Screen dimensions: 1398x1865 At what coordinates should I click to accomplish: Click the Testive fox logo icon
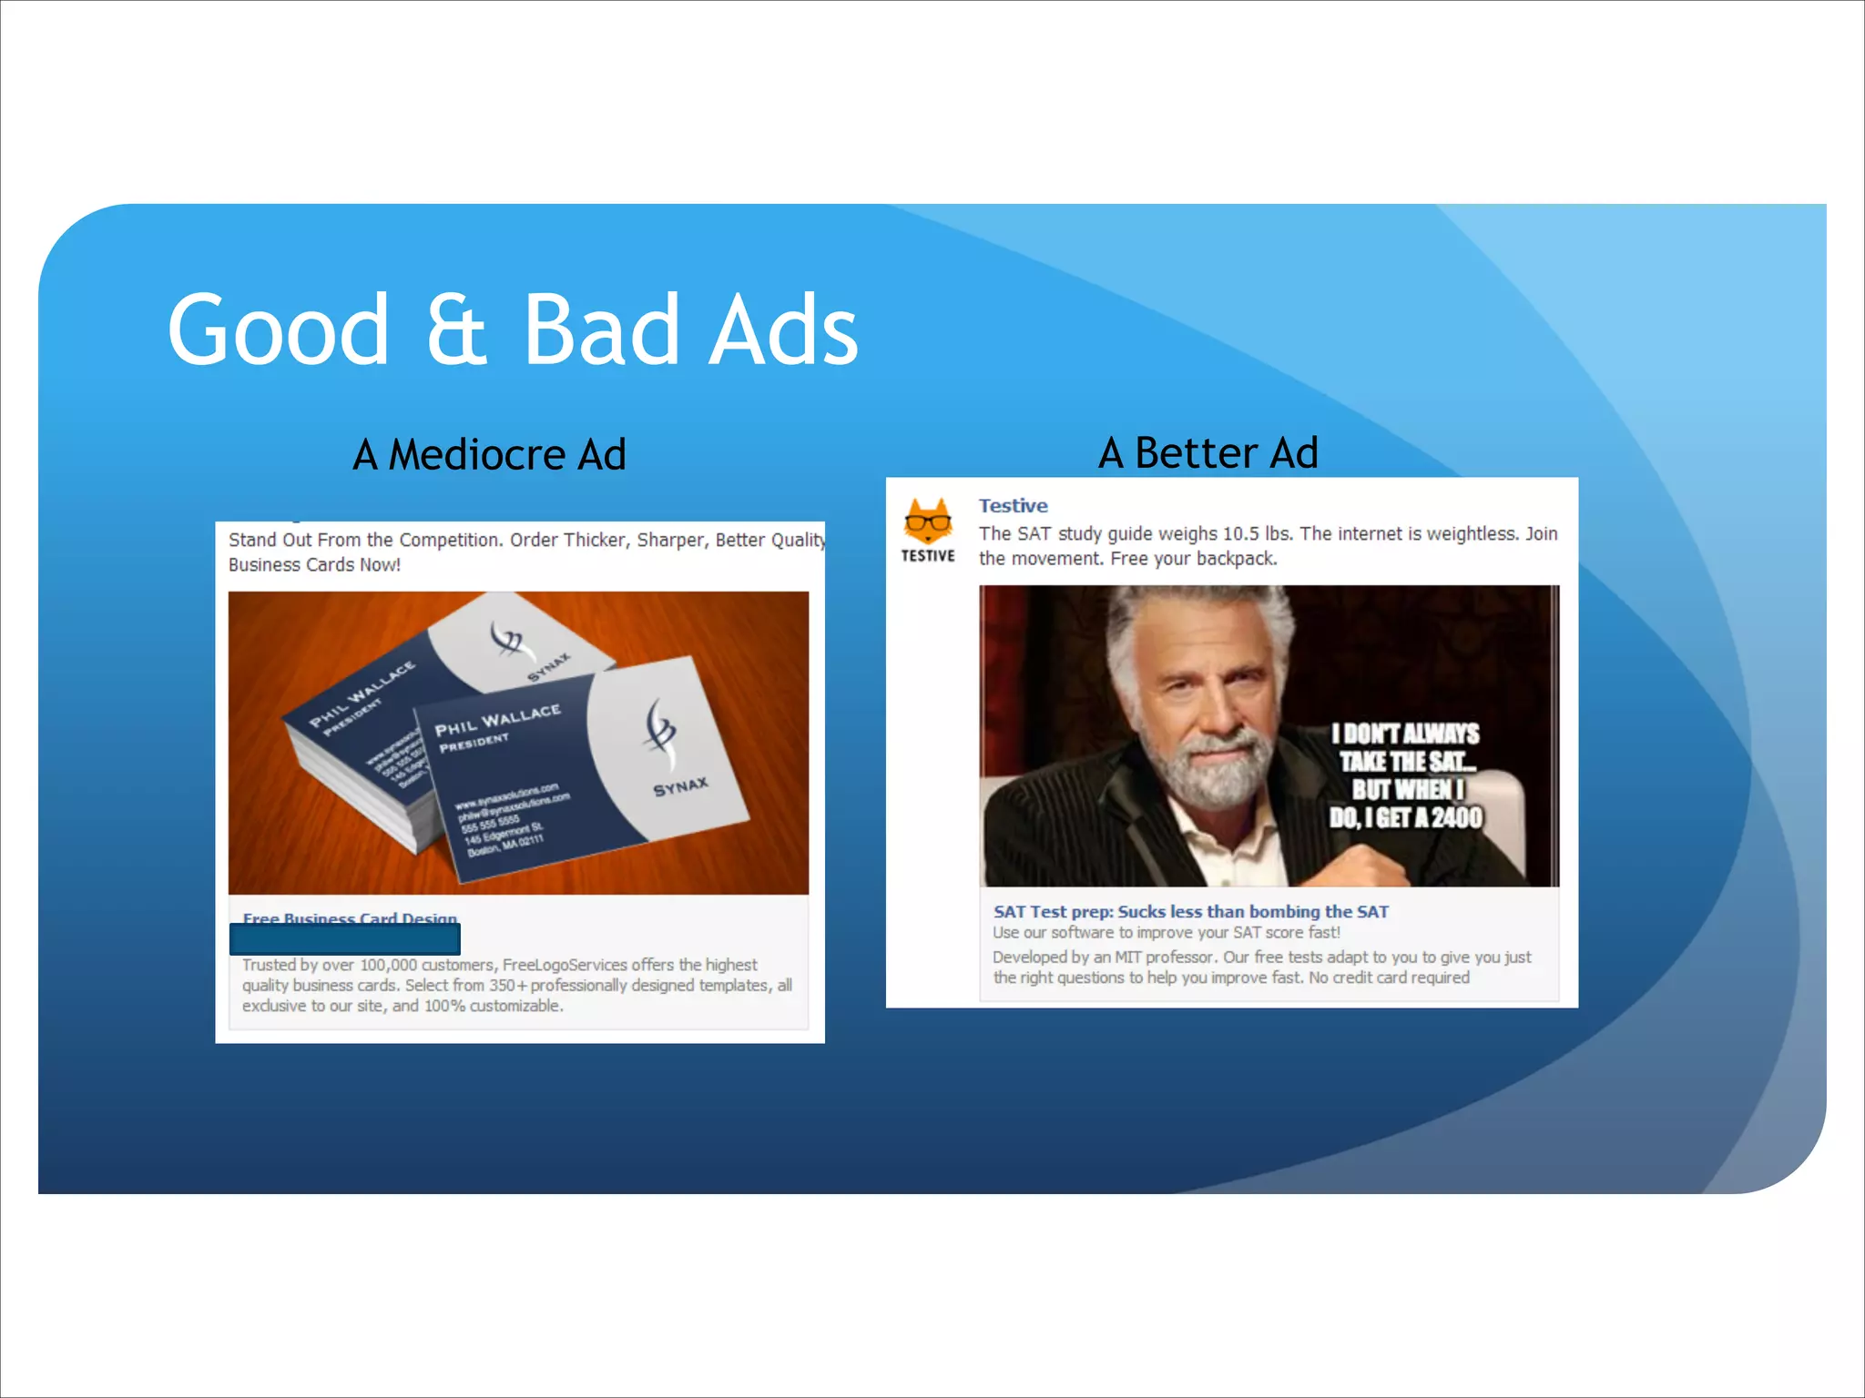tap(928, 522)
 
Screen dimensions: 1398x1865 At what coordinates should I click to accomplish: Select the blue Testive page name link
tap(1013, 506)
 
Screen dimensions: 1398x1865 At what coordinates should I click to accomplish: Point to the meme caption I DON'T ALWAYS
tap(1404, 734)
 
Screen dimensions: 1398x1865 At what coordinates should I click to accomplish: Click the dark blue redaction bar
tap(345, 939)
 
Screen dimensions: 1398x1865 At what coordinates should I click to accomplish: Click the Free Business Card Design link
tap(350, 918)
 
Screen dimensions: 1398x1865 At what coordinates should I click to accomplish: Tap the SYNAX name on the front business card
tap(680, 786)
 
